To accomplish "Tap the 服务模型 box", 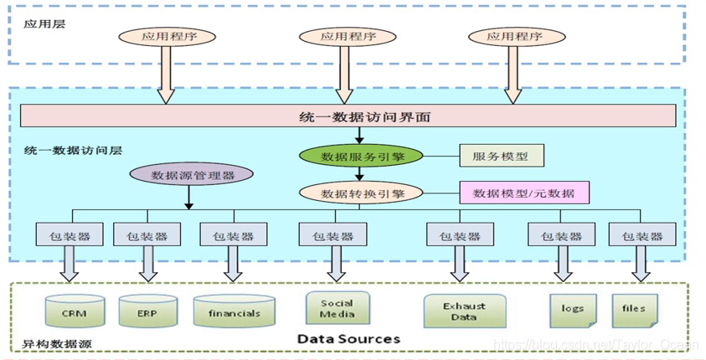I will [x=501, y=156].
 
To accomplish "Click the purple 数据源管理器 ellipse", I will [x=192, y=175].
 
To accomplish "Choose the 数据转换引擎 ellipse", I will [x=362, y=193].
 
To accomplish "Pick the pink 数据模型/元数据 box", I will [x=523, y=193].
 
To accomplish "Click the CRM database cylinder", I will [x=74, y=312].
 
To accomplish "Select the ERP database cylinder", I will [x=148, y=312].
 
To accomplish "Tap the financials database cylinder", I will [x=234, y=312].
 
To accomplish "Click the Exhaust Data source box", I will [x=464, y=311].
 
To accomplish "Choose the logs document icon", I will [x=573, y=309].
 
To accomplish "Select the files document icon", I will [x=634, y=309].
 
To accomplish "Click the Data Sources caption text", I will [x=348, y=339].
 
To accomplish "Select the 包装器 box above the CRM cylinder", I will [x=70, y=235].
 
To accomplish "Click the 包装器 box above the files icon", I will [x=642, y=235].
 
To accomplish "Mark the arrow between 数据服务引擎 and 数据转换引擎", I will [x=360, y=174].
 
